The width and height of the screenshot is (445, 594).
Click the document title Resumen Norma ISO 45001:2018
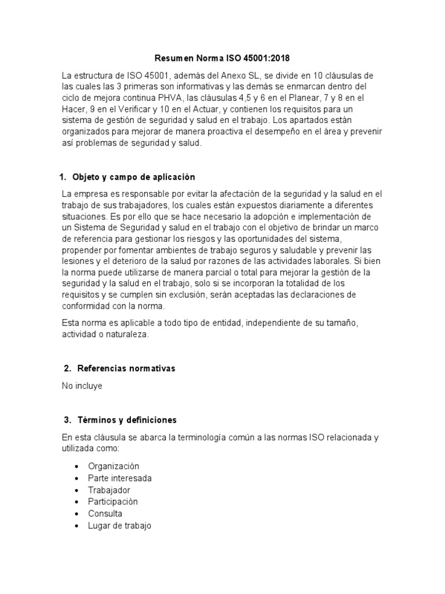coord(222,59)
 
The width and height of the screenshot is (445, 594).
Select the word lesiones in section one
coord(76,262)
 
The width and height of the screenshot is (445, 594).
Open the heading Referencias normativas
coord(127,369)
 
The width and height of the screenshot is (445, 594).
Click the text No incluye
coord(82,386)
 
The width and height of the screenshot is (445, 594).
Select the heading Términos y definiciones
coord(127,420)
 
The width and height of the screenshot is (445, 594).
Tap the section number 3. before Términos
coord(67,420)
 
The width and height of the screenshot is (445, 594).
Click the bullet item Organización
coord(114,466)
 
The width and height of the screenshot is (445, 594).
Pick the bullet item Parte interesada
coord(120,478)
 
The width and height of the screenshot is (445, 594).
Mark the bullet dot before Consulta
coord(76,514)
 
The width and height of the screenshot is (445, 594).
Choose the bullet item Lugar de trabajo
coord(119,526)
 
